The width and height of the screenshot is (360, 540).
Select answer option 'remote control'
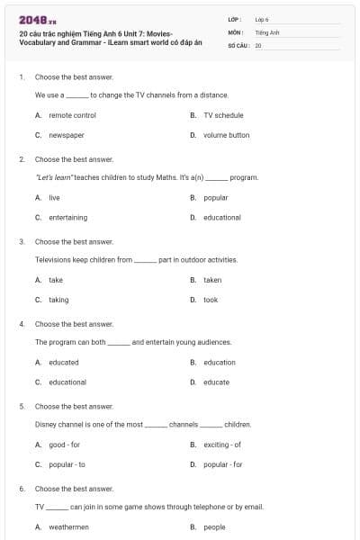click(x=72, y=115)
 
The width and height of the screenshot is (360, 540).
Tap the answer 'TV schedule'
click(x=223, y=115)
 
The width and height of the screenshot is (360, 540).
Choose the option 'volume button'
click(x=226, y=135)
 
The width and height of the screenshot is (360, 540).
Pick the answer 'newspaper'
click(x=67, y=135)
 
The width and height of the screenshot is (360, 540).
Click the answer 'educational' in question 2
click(x=221, y=217)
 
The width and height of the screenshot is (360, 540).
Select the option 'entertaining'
click(x=68, y=217)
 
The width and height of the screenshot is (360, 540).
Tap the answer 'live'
click(x=54, y=197)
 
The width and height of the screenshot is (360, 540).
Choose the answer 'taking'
click(x=58, y=300)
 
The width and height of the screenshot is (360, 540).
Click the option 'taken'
click(x=212, y=280)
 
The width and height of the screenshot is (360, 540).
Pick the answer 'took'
click(x=211, y=300)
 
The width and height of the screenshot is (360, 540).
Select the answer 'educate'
click(x=216, y=382)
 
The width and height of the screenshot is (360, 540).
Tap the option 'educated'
click(x=64, y=362)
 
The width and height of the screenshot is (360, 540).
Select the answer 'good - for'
click(x=65, y=445)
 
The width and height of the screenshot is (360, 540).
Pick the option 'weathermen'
click(x=69, y=526)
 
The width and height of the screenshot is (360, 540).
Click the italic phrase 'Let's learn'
click(x=54, y=177)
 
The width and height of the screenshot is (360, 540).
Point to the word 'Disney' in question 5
click(x=45, y=424)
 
